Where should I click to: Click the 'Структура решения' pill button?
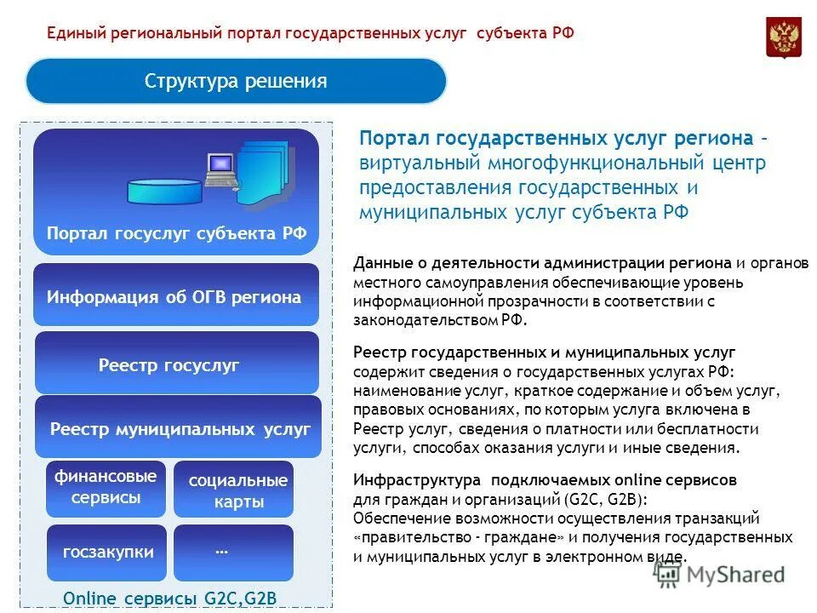[x=236, y=82]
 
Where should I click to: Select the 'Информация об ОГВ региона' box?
[x=175, y=296]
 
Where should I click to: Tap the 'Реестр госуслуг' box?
[x=175, y=364]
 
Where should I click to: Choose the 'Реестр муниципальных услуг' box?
[x=179, y=428]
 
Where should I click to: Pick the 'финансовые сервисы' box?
[x=106, y=488]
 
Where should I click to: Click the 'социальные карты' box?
[x=234, y=490]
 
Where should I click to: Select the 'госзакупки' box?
[x=106, y=552]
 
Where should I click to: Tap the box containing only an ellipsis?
[x=232, y=552]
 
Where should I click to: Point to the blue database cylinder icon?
[x=166, y=190]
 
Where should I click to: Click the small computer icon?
[x=220, y=169]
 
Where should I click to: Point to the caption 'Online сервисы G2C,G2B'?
[x=170, y=598]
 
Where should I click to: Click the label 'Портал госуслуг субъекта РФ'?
[x=176, y=233]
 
